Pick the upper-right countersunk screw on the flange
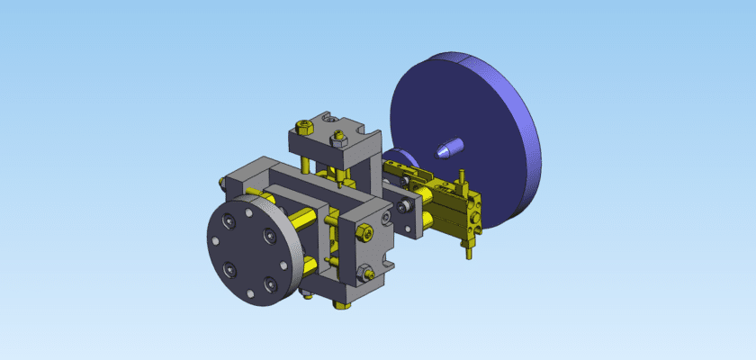pyautogui.click(x=267, y=236)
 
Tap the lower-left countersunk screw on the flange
pyautogui.click(x=229, y=268)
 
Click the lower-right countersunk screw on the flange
pyautogui.click(x=267, y=285)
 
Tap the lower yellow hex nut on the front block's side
pyautogui.click(x=364, y=272)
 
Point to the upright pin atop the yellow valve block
pyautogui.click(x=460, y=176)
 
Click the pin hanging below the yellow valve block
pyautogui.click(x=468, y=250)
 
